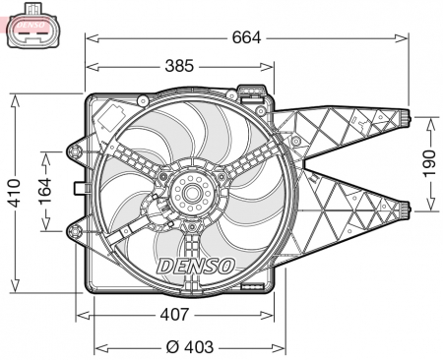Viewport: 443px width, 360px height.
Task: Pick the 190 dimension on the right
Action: coord(428,162)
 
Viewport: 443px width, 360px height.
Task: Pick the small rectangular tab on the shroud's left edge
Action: coord(80,188)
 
